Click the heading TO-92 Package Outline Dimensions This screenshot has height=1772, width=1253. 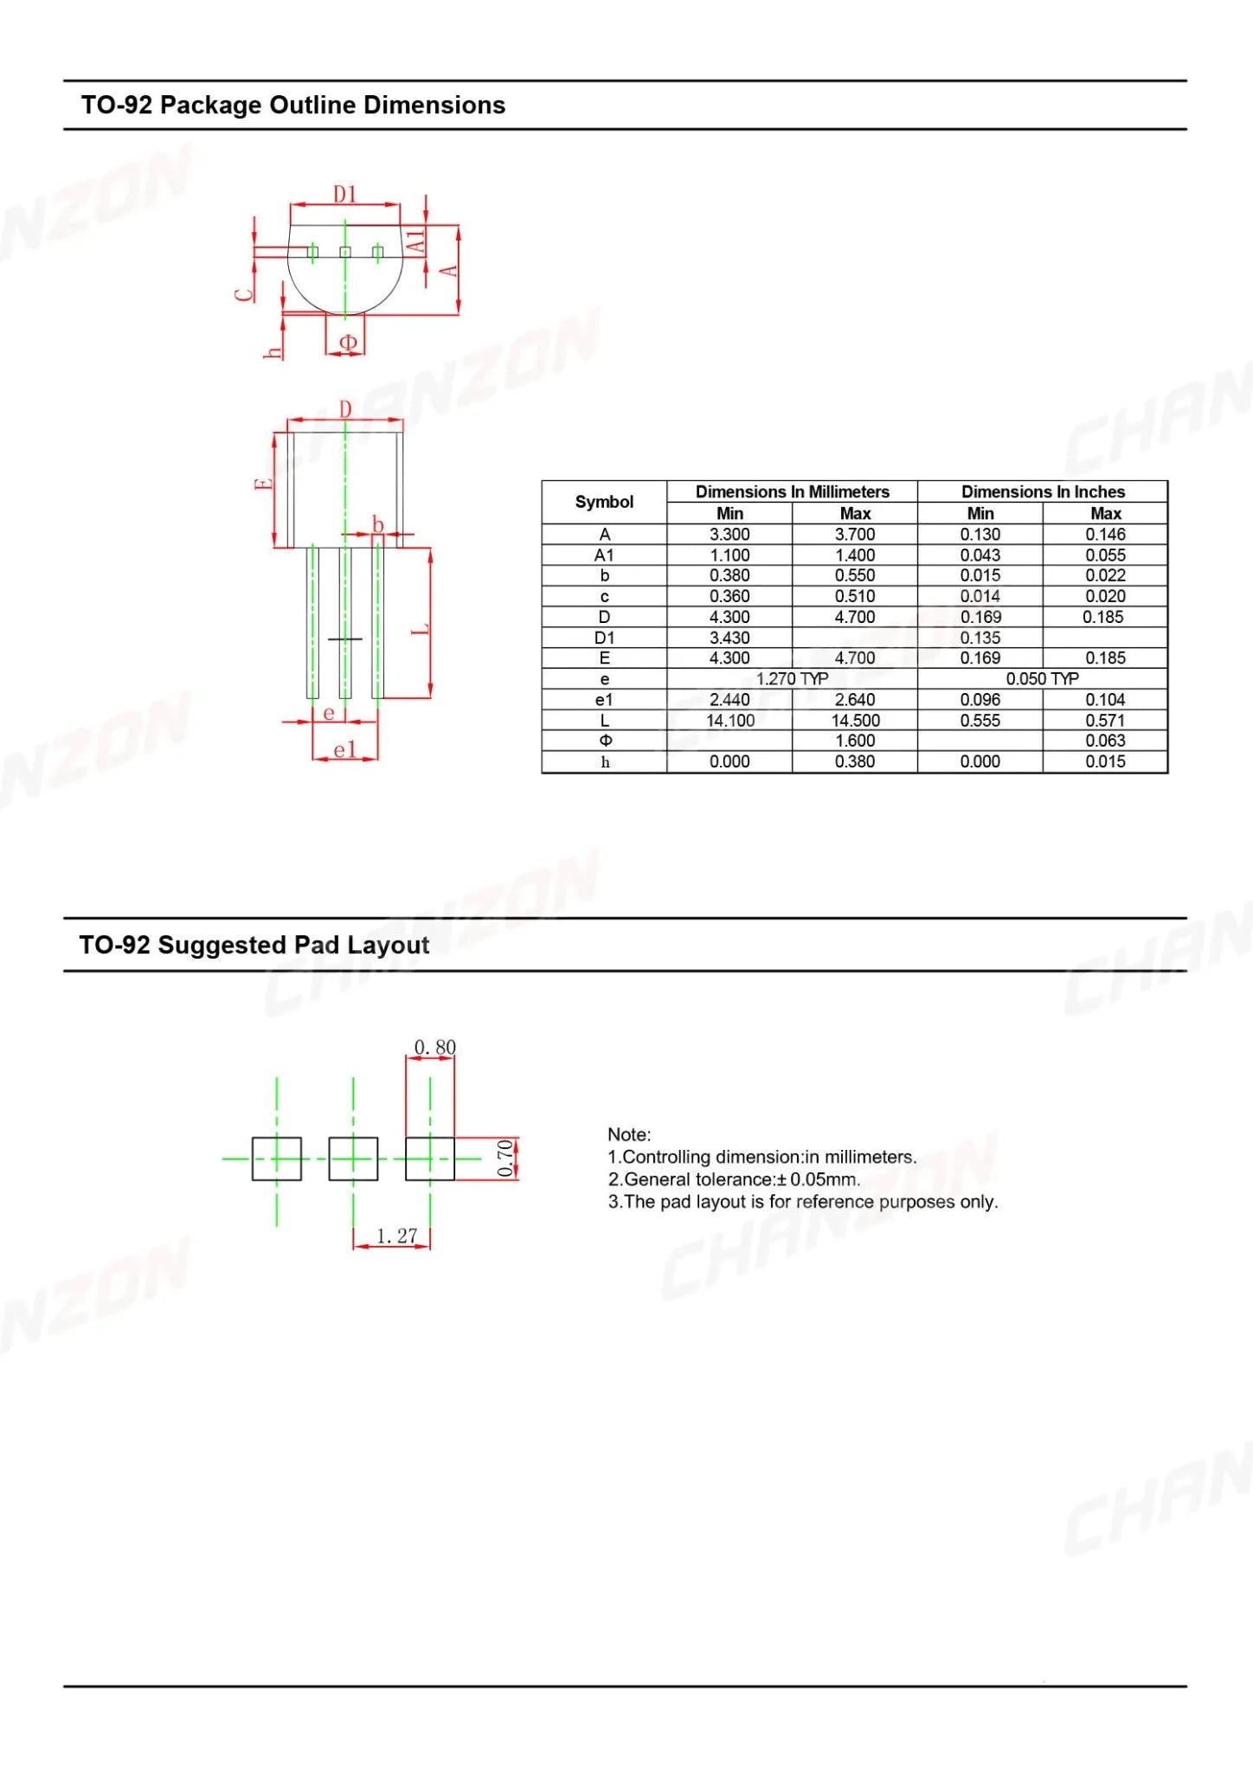292,106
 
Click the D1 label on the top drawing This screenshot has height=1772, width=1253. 345,195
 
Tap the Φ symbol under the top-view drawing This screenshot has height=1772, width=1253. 348,343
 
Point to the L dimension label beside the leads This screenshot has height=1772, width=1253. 421,629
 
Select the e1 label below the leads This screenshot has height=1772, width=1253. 344,749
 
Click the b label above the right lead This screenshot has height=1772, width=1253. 378,524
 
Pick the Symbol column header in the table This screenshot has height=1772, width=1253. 604,502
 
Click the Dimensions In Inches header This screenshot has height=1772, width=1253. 1043,491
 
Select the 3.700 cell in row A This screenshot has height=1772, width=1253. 855,535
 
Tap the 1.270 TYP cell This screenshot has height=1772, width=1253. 792,679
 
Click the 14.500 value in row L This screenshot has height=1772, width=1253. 855,721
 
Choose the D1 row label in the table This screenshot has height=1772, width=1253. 604,638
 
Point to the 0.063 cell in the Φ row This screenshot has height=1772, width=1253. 1105,741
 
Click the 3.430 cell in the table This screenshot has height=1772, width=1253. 729,638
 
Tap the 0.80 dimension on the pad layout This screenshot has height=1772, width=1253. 434,1048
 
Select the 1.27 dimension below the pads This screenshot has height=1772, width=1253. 396,1236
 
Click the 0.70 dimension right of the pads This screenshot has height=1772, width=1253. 505,1159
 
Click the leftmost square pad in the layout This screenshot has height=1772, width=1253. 277,1159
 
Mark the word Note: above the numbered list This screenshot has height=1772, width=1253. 629,1134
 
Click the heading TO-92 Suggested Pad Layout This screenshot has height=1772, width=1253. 254,945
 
